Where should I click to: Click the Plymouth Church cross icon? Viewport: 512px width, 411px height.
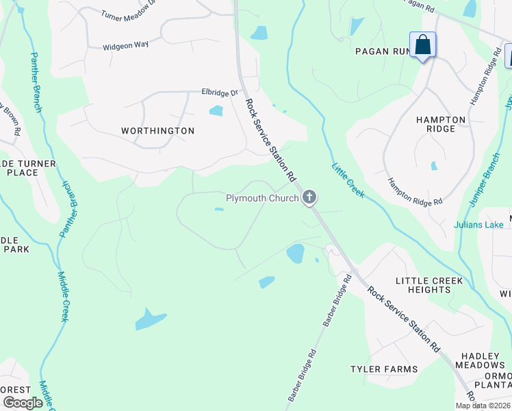click(309, 199)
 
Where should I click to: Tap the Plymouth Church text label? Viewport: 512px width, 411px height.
click(262, 199)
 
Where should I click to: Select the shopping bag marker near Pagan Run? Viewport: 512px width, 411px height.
click(424, 46)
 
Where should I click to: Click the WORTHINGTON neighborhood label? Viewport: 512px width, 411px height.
click(157, 130)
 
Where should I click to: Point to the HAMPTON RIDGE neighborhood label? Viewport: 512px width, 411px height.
click(440, 124)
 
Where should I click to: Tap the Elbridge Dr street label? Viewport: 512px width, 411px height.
click(218, 92)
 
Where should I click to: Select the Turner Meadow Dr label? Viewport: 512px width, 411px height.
click(129, 14)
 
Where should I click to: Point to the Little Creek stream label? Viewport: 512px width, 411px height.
click(348, 180)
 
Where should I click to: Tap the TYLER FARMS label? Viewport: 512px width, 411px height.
click(384, 369)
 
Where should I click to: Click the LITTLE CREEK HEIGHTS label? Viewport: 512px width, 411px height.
click(429, 285)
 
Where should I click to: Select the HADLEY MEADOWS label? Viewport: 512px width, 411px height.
click(483, 360)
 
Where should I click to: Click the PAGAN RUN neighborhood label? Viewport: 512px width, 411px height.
click(381, 51)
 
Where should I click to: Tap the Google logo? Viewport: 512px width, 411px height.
click(23, 403)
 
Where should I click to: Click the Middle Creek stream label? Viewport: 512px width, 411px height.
click(63, 295)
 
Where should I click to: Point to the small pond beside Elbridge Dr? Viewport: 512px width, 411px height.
click(216, 111)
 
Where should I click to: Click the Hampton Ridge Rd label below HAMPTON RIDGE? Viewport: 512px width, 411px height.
click(415, 192)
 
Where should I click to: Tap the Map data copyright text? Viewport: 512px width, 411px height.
click(483, 406)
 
